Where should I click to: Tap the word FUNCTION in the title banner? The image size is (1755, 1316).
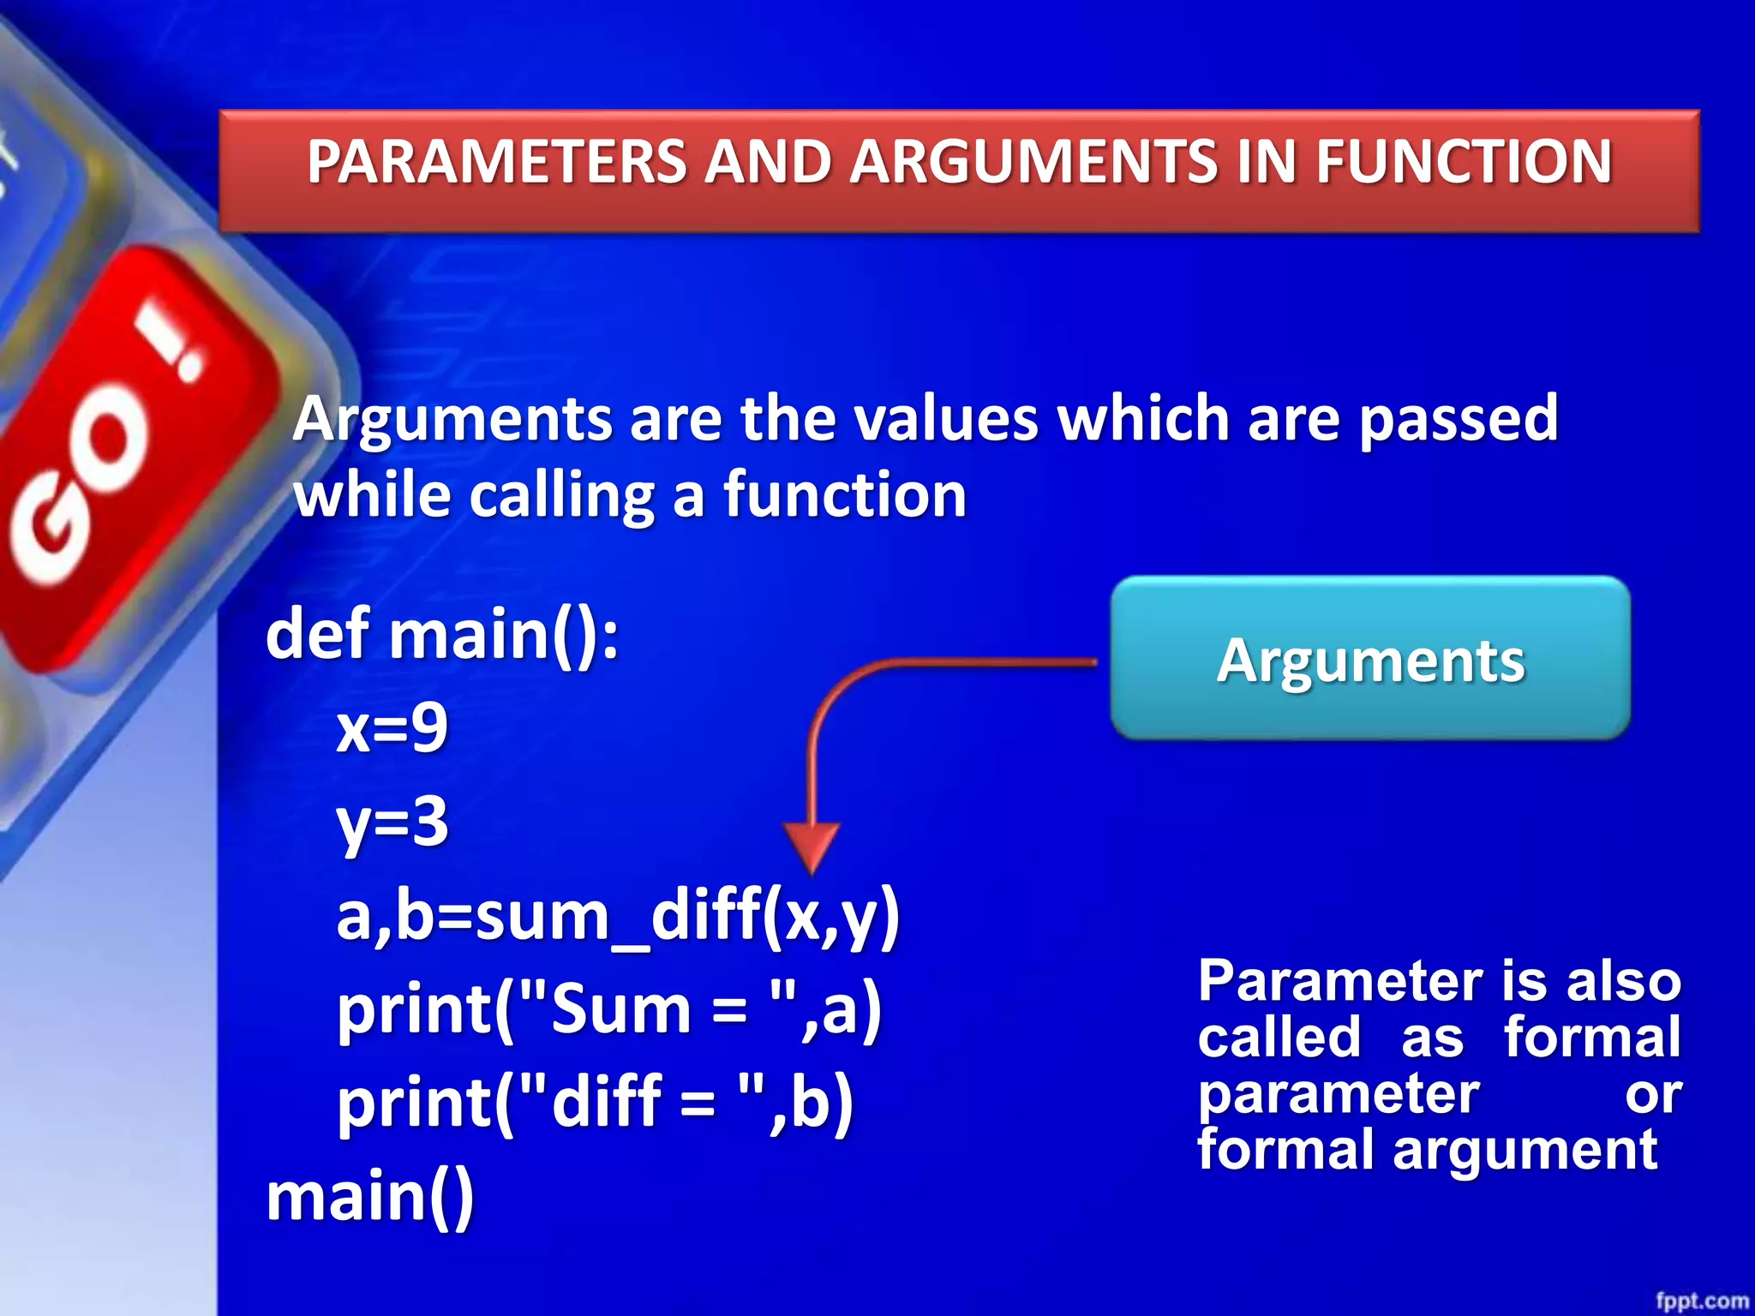point(1464,162)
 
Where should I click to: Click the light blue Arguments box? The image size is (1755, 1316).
point(1370,658)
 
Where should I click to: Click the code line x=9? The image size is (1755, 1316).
point(392,729)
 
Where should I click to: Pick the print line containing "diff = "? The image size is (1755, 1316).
point(595,1104)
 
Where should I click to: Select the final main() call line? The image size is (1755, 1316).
point(369,1197)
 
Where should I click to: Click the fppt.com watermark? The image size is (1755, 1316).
point(1701,1301)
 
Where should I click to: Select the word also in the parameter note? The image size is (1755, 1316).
point(1624,981)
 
